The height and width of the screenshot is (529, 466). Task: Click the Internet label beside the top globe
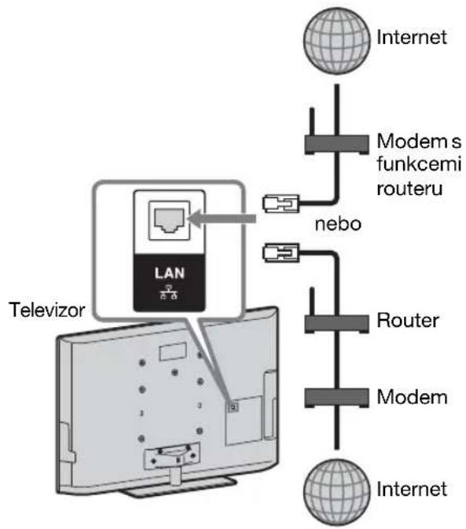tap(412, 37)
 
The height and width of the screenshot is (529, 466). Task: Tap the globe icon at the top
tap(336, 41)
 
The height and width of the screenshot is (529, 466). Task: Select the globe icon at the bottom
tap(336, 492)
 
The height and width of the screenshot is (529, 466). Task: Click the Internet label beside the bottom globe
tap(412, 489)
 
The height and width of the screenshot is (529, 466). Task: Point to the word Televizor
tap(47, 310)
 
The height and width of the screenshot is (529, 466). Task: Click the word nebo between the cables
tap(338, 224)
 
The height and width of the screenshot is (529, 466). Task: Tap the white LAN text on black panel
tap(170, 273)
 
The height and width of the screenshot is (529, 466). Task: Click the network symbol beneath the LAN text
tap(169, 292)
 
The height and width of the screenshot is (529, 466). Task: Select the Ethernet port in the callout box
tap(169, 220)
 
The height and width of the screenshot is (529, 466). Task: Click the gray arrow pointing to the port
tap(222, 219)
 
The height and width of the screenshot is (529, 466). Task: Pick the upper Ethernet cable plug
tap(281, 204)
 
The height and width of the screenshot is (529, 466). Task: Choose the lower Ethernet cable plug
tap(281, 252)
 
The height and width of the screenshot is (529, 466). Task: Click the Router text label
tap(408, 320)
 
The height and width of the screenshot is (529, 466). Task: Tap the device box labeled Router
tap(336, 324)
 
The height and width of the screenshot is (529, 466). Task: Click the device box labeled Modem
tap(336, 398)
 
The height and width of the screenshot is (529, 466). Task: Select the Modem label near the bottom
tap(412, 397)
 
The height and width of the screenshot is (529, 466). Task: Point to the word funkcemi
tap(419, 164)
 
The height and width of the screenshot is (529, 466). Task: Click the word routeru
tap(409, 188)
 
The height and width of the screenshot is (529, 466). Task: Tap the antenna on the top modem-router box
tap(312, 122)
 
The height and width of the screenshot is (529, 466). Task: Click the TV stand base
tap(178, 488)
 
